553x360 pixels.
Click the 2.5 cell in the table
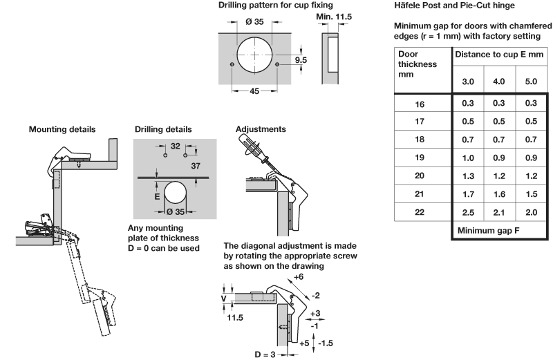(468, 211)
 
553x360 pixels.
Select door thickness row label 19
(420, 158)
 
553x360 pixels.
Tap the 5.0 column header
(531, 82)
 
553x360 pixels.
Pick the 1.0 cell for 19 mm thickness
(468, 158)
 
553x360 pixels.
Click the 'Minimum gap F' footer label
(487, 229)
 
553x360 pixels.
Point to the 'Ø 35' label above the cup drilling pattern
(254, 21)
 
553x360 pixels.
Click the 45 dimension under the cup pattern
(254, 91)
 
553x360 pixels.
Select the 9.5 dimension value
(301, 60)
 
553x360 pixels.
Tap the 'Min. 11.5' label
(334, 15)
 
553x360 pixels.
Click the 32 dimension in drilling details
(176, 146)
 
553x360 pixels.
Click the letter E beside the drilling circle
(157, 196)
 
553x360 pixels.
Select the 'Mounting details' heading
(62, 129)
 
